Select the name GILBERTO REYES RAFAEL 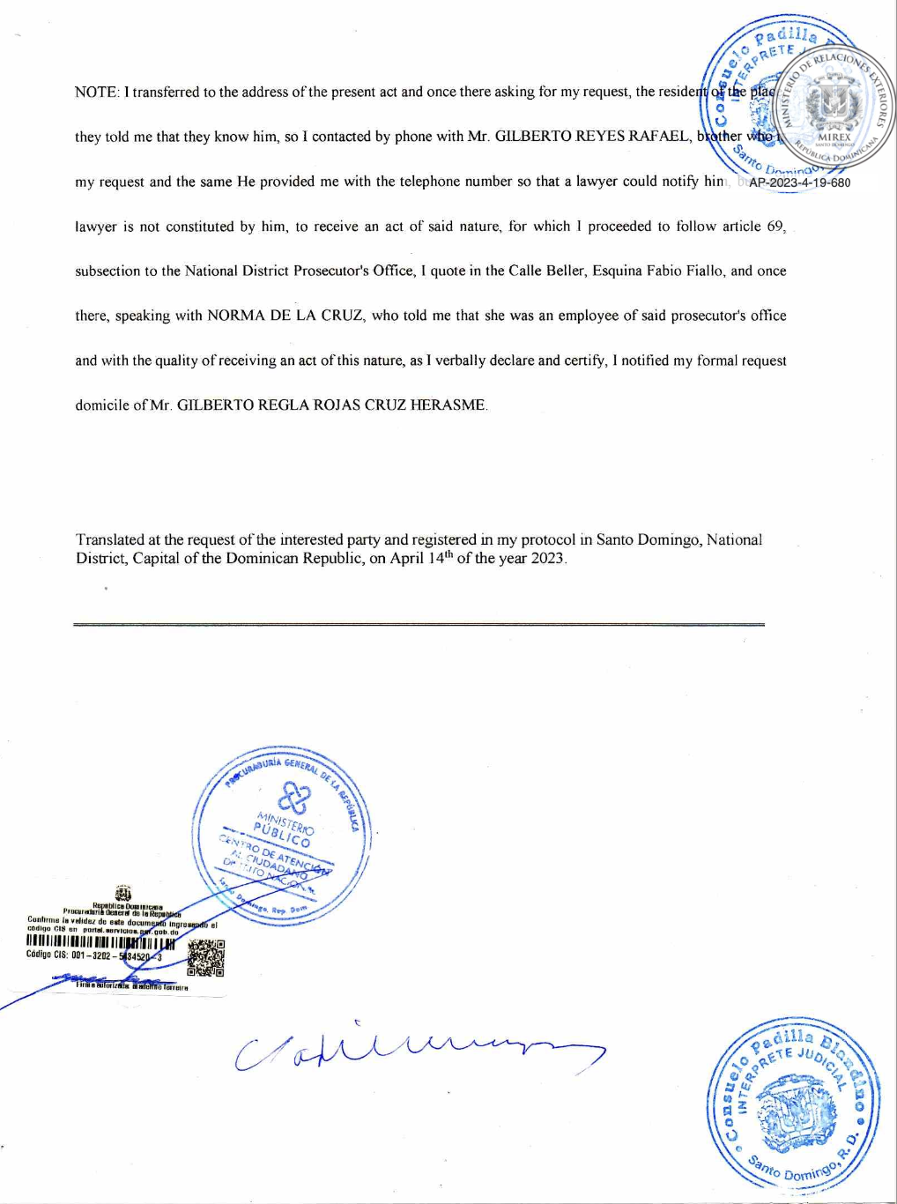593,137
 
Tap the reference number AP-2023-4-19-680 799,183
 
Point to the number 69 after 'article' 775,227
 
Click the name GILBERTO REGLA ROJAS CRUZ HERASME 331,405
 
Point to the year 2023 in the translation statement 547,559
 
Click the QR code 206,958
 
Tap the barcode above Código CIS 100,945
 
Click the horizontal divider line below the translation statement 419,624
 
